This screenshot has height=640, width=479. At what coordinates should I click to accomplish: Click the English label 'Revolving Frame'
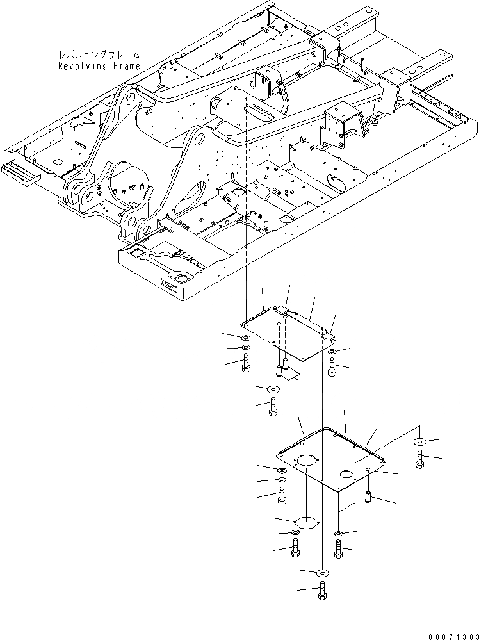point(99,66)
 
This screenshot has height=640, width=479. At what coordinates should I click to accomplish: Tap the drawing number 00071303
point(449,632)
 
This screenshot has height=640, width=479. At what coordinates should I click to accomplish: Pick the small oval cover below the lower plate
point(306,522)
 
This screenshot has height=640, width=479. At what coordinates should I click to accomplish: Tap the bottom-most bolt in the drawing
point(322,591)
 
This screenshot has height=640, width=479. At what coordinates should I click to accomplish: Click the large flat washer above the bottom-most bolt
point(322,572)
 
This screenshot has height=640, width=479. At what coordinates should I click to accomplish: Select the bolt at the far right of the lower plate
point(421,457)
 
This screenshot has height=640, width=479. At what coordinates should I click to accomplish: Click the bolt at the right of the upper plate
point(331,367)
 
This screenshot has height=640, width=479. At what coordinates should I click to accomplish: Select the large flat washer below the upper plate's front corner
point(273,389)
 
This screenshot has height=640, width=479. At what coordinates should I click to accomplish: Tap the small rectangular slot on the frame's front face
point(169,284)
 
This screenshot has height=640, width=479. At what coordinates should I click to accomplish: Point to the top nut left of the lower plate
point(282,471)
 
